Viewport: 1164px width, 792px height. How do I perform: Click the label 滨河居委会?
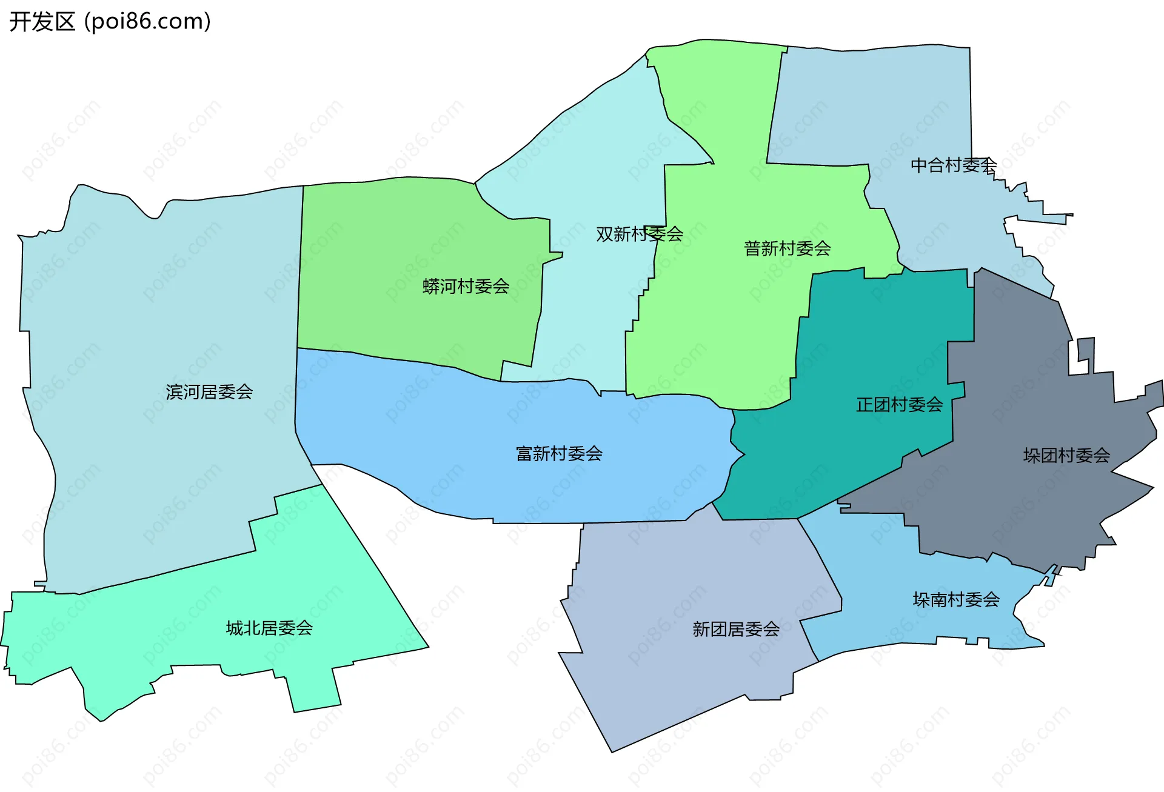(x=209, y=392)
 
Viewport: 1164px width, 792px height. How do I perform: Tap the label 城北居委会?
(x=269, y=628)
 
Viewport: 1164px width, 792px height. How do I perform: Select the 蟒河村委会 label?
(x=466, y=287)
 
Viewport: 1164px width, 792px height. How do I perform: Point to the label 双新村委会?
(x=639, y=234)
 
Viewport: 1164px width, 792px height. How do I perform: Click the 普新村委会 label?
(x=787, y=248)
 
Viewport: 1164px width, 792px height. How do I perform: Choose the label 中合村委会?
(x=953, y=165)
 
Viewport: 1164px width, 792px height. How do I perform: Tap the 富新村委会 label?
(x=559, y=454)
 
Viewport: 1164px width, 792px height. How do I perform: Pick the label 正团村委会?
(x=899, y=405)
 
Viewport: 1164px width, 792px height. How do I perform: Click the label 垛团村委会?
(x=1066, y=456)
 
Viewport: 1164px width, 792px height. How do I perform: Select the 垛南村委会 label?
(x=956, y=600)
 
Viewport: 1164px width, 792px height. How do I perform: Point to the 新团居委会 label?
(x=736, y=630)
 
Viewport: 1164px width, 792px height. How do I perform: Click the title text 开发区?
(x=42, y=22)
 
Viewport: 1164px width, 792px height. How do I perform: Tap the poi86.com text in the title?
(x=147, y=22)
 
